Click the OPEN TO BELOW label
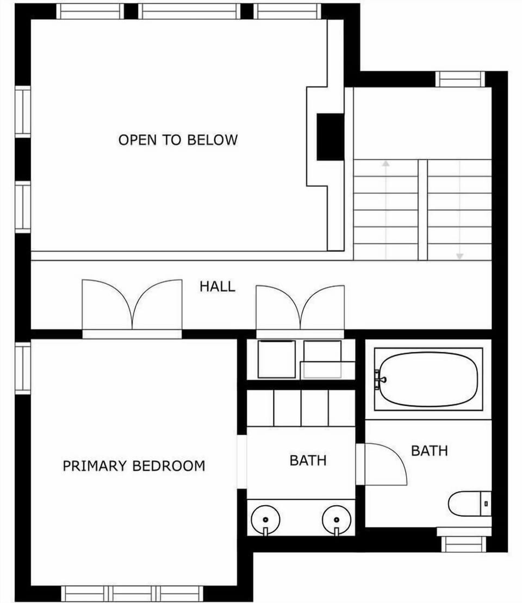coord(178,140)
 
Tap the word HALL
coord(217,286)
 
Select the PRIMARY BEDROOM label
coord(134,466)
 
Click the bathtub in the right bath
coord(428,379)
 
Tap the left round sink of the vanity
coord(265,520)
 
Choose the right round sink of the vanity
coord(336,520)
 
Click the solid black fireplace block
coord(330,136)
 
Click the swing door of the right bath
coord(385,464)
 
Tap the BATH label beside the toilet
coord(430,450)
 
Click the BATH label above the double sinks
coord(308,460)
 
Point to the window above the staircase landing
coord(460,79)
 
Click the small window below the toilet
coord(462,544)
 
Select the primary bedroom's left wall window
coord(23,368)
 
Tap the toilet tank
coord(486,504)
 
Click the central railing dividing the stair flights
coord(422,209)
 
